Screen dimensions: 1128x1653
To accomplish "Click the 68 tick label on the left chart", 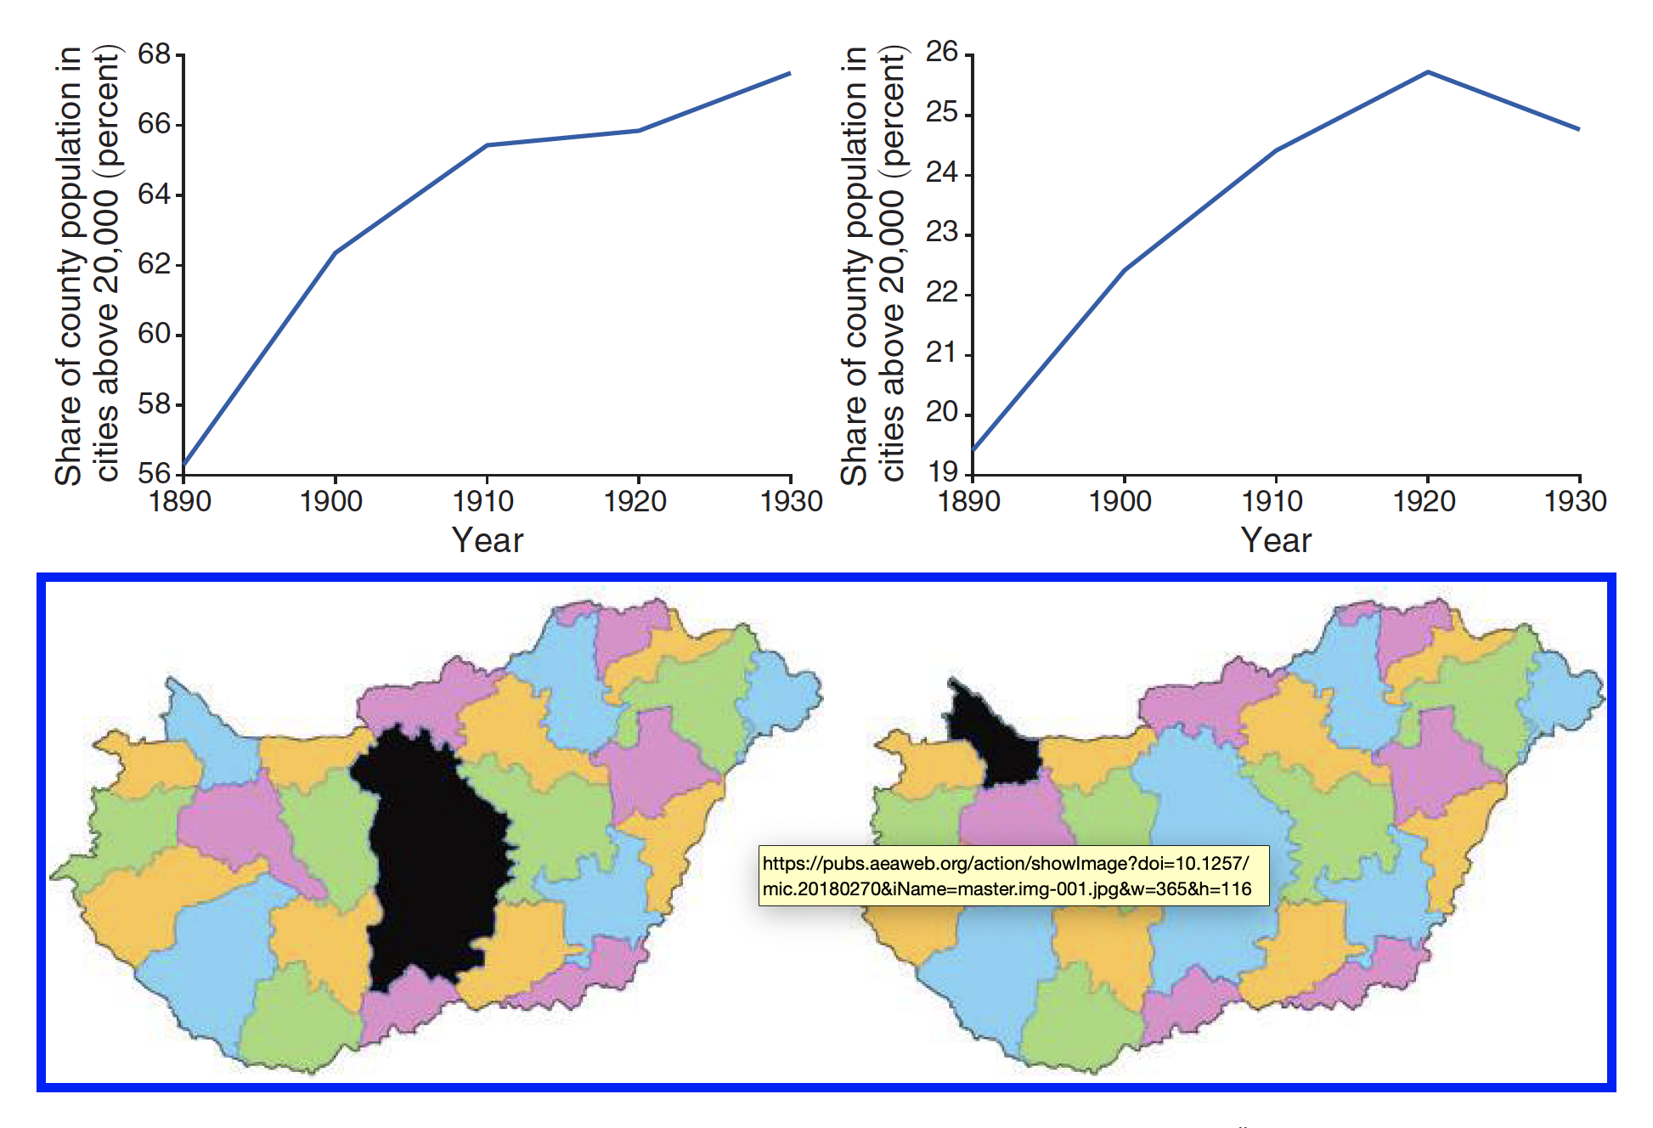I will point(155,54).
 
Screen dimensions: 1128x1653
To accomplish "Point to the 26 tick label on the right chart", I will point(942,52).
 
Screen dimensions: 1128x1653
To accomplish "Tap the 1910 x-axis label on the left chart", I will point(483,501).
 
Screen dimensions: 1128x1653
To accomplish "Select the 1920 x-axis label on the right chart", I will point(1425,501).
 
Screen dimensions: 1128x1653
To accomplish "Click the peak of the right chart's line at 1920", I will point(1428,72).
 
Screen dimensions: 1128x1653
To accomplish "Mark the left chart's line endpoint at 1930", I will point(790,74).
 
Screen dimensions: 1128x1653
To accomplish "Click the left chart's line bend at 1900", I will point(336,252).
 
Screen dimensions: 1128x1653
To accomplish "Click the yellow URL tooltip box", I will point(1013,876).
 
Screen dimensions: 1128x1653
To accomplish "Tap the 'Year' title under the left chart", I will point(488,540).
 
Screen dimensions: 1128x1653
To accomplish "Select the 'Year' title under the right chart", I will point(1276,540).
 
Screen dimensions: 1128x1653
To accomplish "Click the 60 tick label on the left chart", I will point(155,334).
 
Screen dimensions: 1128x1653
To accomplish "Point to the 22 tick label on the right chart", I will point(942,293).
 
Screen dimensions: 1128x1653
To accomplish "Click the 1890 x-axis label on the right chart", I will point(969,501).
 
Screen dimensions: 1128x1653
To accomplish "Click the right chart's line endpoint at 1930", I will point(1578,129).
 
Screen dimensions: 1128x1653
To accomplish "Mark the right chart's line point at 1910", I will point(1276,150).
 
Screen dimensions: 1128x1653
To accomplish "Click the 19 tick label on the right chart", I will point(942,471).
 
